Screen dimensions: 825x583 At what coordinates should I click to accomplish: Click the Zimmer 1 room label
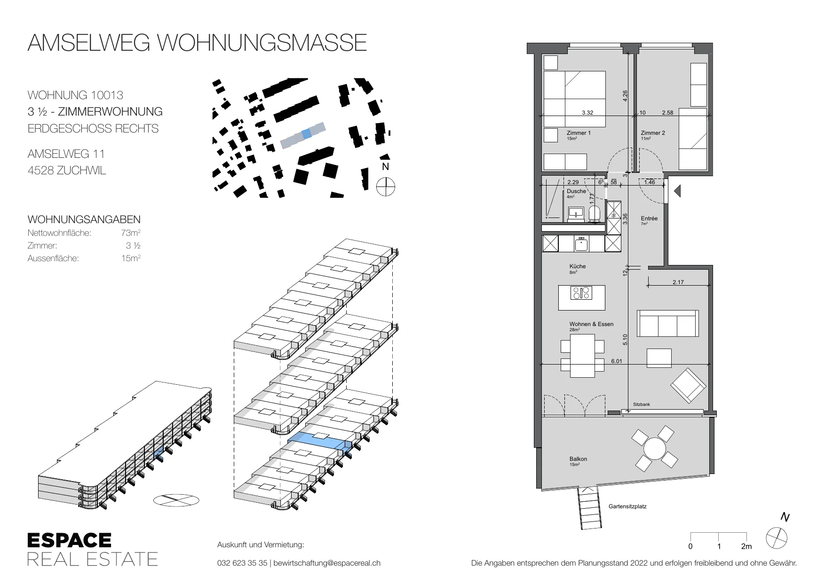click(x=579, y=133)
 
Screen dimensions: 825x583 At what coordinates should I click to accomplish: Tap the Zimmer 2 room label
click(x=653, y=133)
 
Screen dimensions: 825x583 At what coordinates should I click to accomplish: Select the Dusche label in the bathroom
click(x=576, y=191)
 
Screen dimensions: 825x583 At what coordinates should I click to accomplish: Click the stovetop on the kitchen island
click(x=581, y=293)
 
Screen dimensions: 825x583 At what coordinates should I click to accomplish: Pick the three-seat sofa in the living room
click(x=667, y=323)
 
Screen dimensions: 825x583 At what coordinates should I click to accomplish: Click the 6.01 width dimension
click(x=616, y=361)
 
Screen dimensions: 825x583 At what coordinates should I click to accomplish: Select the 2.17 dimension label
click(x=678, y=282)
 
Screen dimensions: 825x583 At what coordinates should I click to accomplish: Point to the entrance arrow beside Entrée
click(x=677, y=191)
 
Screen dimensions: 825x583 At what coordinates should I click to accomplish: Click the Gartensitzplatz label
click(x=627, y=506)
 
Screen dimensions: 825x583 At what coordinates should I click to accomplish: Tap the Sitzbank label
click(x=641, y=404)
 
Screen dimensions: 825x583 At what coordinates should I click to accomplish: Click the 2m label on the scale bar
click(x=746, y=546)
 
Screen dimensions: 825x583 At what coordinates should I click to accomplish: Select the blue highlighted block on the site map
click(x=306, y=133)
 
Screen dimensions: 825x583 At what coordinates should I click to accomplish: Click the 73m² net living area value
click(x=131, y=233)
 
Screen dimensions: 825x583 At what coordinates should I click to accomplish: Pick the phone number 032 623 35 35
click(x=242, y=563)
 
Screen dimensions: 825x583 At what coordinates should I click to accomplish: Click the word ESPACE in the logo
click(x=69, y=540)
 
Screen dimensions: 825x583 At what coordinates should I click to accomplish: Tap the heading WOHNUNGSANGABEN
click(x=84, y=219)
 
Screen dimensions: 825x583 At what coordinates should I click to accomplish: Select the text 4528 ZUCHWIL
click(x=67, y=171)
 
